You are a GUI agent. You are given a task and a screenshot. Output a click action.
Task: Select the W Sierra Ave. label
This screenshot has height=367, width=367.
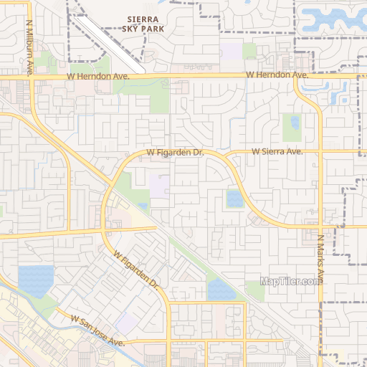point(277,152)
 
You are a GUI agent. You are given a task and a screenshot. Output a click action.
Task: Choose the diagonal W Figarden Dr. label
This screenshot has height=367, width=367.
point(135,269)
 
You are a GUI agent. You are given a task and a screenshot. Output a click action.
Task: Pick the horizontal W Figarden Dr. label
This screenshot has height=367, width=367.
point(176,153)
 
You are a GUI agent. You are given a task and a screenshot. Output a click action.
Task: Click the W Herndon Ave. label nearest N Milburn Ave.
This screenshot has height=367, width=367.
point(97,75)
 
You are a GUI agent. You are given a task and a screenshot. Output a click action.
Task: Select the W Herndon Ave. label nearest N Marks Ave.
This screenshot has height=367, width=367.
point(277,75)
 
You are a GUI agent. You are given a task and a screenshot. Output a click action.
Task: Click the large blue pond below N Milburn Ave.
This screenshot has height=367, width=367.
point(36,281)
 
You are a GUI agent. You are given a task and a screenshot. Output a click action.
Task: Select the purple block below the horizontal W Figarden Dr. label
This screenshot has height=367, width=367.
point(159,186)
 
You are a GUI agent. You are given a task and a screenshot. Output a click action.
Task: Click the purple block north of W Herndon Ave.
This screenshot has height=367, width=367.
point(231,52)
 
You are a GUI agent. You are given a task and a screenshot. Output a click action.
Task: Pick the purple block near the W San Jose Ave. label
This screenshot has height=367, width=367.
point(127,323)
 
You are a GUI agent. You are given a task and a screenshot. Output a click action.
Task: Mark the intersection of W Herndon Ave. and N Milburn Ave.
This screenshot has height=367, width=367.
point(33,75)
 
